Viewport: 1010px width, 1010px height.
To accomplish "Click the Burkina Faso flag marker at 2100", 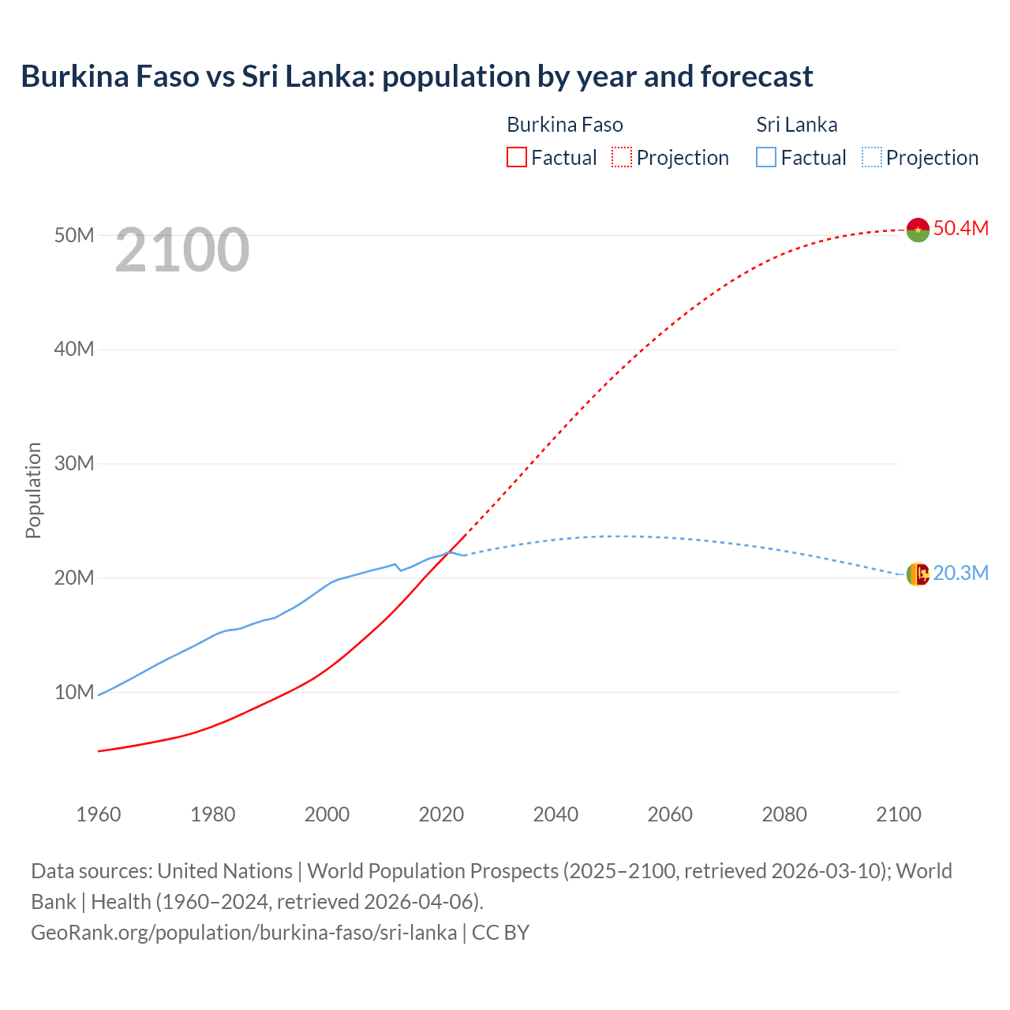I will pyautogui.click(x=918, y=230).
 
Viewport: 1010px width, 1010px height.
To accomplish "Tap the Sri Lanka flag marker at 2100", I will pyautogui.click(x=918, y=574).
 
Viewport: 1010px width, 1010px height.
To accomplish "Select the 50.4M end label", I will pyautogui.click(x=960, y=228).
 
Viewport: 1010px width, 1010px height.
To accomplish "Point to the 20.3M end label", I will pyautogui.click(x=960, y=573).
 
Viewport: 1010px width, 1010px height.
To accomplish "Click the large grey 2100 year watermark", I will pyautogui.click(x=182, y=250).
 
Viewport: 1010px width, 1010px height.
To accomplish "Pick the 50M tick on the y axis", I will pyautogui.click(x=74, y=235).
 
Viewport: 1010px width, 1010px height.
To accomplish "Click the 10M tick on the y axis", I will pyautogui.click(x=74, y=692).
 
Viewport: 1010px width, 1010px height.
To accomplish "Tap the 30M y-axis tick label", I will pyautogui.click(x=74, y=463).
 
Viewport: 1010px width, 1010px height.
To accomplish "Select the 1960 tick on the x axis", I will pyautogui.click(x=99, y=814).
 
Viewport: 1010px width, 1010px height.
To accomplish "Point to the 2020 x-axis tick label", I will pyautogui.click(x=441, y=814).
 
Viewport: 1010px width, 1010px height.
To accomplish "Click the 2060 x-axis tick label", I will pyautogui.click(x=670, y=814).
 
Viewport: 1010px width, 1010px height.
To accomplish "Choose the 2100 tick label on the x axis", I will pyautogui.click(x=898, y=814).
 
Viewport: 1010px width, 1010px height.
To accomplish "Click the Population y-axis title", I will pyautogui.click(x=33, y=490).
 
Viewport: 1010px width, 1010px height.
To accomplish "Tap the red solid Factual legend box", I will pyautogui.click(x=516, y=158).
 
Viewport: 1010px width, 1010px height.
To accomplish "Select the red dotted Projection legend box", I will pyautogui.click(x=622, y=158).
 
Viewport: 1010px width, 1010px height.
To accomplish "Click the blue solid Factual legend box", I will pyautogui.click(x=766, y=158).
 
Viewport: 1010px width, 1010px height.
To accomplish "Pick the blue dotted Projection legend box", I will pyautogui.click(x=872, y=158).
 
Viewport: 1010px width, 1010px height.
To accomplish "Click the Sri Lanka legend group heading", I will pyautogui.click(x=796, y=125).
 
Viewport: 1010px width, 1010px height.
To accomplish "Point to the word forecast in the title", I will pyautogui.click(x=756, y=77).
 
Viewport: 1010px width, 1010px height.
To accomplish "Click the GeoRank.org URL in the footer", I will pyautogui.click(x=244, y=932).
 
